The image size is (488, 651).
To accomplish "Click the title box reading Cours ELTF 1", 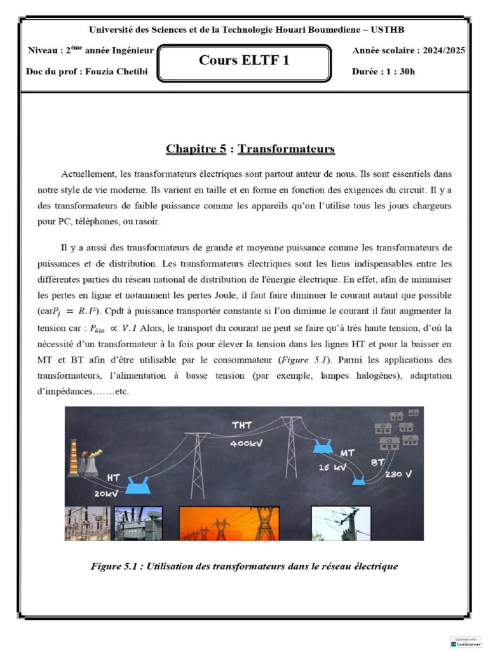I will tap(244, 62).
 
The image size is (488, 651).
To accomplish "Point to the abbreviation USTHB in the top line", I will tap(388, 29).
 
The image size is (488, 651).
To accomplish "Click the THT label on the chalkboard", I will tap(242, 425).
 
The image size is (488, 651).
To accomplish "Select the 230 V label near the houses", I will tap(398, 474).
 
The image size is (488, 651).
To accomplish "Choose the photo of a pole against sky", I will tap(341, 523).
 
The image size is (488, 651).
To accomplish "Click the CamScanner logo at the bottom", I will tap(466, 641).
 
